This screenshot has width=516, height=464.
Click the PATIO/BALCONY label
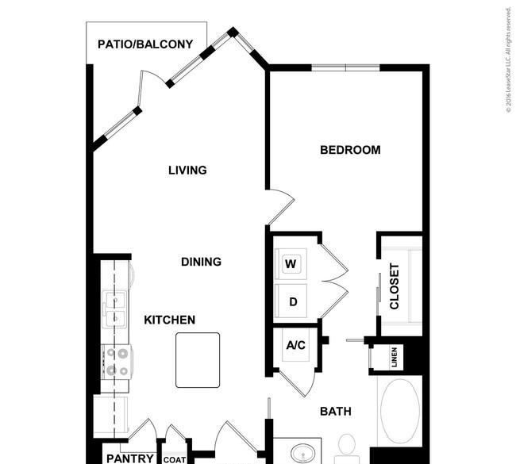145,44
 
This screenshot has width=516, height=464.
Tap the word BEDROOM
350,150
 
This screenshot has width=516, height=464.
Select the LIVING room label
187,170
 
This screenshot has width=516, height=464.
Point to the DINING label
201,262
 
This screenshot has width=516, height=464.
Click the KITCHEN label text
169,320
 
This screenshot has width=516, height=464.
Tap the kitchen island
198,360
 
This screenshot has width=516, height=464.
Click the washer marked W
291,264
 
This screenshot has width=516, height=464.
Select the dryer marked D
291,301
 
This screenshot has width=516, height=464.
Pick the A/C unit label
296,345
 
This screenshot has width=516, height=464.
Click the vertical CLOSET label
395,286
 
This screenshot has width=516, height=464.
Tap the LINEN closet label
395,357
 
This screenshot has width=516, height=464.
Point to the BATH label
336,412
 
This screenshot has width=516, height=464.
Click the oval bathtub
400,411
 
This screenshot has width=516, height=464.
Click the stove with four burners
117,362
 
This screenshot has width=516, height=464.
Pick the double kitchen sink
114,309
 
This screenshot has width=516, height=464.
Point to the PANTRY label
130,458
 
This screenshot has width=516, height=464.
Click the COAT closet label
175,460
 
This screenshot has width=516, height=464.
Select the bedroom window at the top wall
345,67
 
